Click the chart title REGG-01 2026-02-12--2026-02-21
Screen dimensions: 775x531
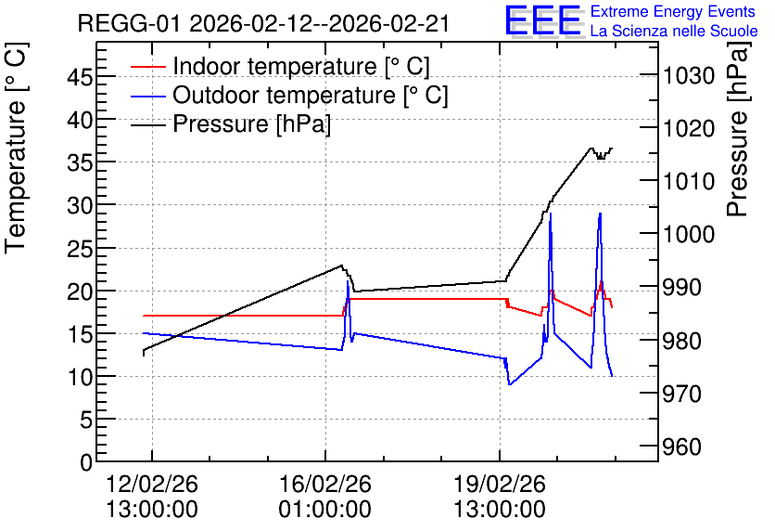pos(263,23)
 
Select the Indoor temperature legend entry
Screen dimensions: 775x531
pos(280,66)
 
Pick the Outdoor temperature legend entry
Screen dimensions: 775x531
pos(289,95)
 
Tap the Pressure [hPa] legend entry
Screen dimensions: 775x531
pos(231,123)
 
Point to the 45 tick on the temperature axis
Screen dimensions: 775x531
pos(80,77)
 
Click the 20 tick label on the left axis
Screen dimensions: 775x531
pos(80,291)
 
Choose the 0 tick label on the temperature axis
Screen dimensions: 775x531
pos(86,462)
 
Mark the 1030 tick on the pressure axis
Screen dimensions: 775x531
pos(689,76)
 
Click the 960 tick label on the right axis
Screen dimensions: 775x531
pos(682,447)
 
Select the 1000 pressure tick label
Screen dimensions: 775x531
pos(689,234)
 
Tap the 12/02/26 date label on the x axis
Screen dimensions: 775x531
pos(152,484)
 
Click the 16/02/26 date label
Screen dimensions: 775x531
pos(325,484)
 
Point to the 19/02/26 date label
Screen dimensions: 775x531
pos(500,484)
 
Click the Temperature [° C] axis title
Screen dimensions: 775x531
pos(17,148)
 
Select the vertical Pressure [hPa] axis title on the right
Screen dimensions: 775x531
pos(738,129)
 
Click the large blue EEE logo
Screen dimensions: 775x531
pos(544,20)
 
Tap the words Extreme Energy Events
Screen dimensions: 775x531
pos(673,11)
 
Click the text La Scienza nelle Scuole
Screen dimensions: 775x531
pos(674,31)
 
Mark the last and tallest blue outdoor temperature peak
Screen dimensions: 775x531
pos(600,214)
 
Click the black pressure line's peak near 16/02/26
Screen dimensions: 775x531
pos(341,265)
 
